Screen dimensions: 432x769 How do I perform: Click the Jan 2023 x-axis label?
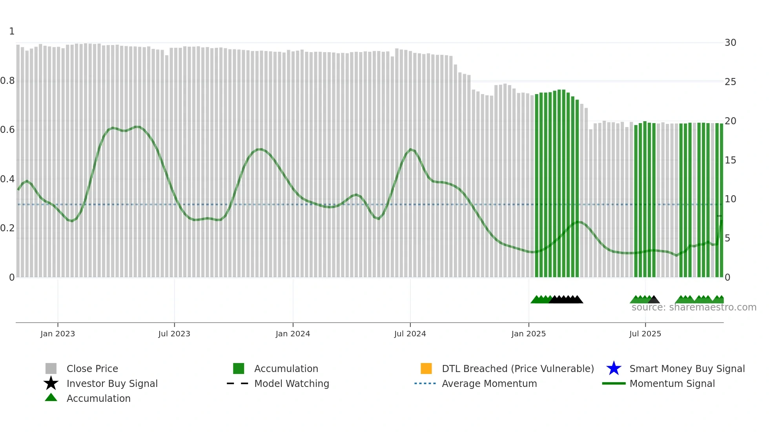pos(57,334)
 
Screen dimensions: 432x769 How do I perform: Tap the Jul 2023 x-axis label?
pos(174,334)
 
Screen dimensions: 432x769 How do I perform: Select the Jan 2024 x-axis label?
pos(293,334)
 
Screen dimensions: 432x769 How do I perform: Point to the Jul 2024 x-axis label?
pos(410,334)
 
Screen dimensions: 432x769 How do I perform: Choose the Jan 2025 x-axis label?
pos(528,334)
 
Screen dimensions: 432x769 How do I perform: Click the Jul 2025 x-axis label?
pos(645,334)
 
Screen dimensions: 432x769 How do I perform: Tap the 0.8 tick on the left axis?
pos(7,81)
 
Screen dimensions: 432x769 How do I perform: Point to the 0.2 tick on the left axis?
pos(7,228)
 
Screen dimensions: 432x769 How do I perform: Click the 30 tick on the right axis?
pos(730,43)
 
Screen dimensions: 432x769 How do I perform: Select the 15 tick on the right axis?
pos(730,160)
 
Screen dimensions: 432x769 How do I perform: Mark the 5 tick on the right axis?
pos(727,238)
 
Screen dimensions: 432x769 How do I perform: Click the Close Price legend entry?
pos(92,368)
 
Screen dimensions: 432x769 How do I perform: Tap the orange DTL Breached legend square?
pos(426,368)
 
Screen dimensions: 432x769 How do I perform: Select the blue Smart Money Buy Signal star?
pos(614,368)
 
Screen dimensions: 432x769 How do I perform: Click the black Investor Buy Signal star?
pos(51,383)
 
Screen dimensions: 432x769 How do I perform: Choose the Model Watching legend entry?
pos(292,383)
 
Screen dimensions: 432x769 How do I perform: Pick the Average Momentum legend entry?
pos(489,383)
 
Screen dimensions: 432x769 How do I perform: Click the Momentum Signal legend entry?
pos(672,383)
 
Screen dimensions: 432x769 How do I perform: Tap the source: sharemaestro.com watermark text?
pos(694,307)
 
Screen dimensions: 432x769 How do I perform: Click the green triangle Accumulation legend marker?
pos(51,398)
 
